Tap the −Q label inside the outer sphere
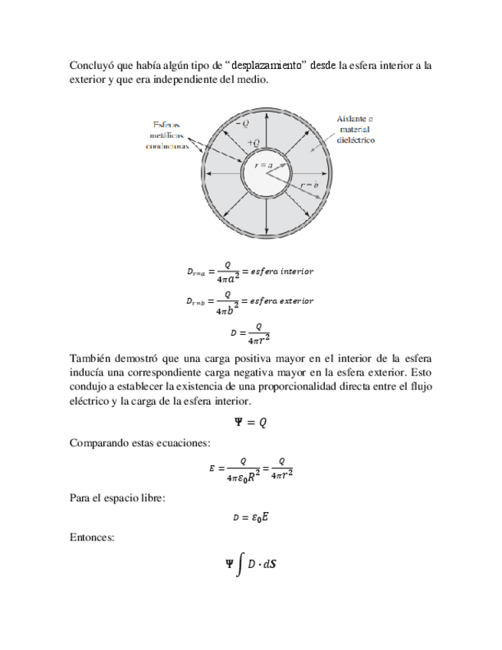coord(242,123)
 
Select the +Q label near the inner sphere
coord(254,143)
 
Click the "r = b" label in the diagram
coord(310,186)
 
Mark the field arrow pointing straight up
coord(265,133)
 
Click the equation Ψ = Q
coord(250,422)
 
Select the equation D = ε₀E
coord(250,517)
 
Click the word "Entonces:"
coord(92,538)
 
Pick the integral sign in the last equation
coord(241,566)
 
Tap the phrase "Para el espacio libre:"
coord(117,498)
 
